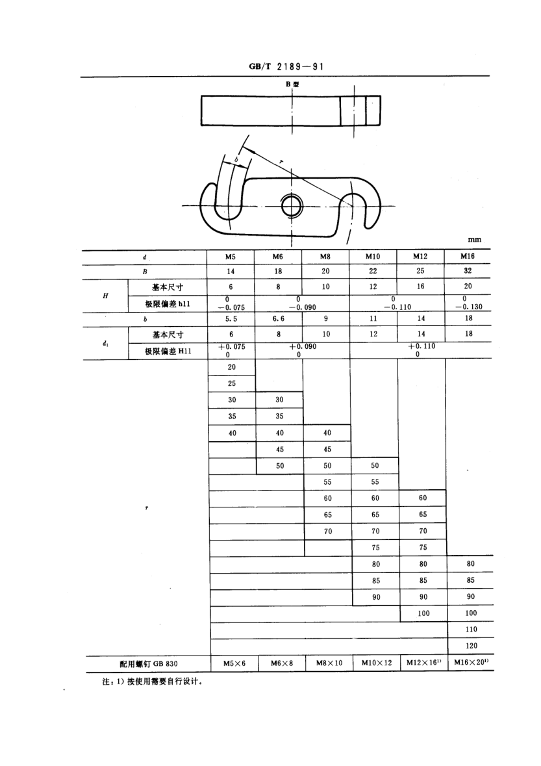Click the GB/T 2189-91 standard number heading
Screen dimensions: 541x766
[x=286, y=66]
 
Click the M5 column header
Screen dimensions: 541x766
[x=230, y=257]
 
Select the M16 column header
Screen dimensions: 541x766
[x=468, y=256]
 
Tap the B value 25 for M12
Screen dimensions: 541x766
[x=420, y=271]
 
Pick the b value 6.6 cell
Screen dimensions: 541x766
[x=279, y=318]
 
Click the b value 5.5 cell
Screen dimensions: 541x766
[x=231, y=318]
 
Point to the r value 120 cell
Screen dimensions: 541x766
[x=471, y=646]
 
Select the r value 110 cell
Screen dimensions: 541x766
[x=471, y=629]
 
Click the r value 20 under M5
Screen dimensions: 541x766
[x=231, y=367]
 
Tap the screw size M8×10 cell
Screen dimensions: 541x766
[x=329, y=663]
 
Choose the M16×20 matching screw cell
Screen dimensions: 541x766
[x=470, y=663]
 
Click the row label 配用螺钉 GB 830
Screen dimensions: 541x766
[x=149, y=663]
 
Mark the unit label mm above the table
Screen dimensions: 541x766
[x=474, y=239]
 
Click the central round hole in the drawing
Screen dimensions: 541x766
[x=292, y=207]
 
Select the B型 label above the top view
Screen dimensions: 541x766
[x=292, y=84]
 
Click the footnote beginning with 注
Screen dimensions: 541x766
[x=153, y=682]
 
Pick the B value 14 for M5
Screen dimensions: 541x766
[x=231, y=271]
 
